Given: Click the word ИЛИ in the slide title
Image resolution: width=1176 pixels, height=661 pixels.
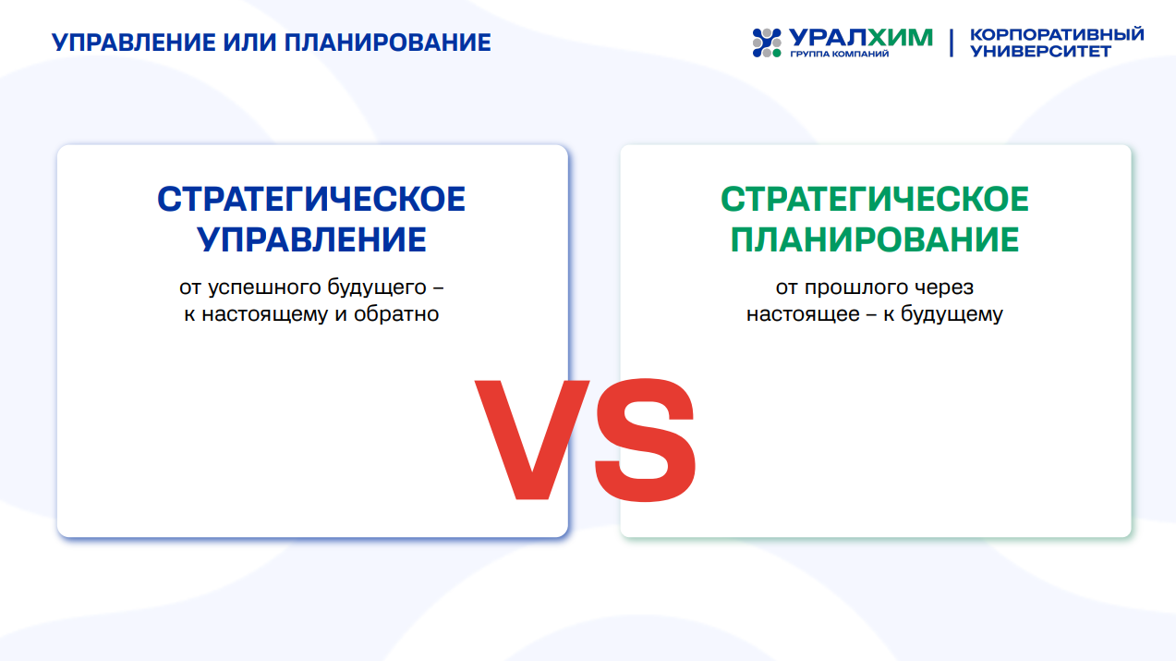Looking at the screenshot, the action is [x=249, y=43].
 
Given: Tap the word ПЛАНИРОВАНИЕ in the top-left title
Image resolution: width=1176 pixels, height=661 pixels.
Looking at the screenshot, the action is [x=387, y=43].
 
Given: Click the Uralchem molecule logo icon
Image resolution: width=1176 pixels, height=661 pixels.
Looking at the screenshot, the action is [x=767, y=43].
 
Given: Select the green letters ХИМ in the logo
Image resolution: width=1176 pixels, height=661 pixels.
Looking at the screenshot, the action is [x=900, y=38].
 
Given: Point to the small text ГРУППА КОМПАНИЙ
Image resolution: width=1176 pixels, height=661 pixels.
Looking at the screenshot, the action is [x=840, y=54].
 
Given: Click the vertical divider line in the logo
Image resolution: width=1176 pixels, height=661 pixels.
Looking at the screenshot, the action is [x=952, y=43].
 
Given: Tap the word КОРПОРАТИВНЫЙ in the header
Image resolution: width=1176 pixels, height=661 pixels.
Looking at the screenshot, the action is [x=1057, y=34].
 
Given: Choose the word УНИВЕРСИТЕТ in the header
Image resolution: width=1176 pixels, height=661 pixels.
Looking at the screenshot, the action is [x=1040, y=51].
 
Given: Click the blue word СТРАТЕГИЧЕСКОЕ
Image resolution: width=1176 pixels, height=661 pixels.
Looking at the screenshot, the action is [x=311, y=199].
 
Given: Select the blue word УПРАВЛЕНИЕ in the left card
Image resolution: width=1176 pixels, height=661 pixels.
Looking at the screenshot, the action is [x=311, y=240].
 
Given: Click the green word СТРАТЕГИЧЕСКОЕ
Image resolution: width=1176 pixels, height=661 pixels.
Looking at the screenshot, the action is [x=875, y=199].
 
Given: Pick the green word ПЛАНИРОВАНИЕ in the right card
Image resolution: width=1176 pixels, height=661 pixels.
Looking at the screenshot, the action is [x=875, y=240].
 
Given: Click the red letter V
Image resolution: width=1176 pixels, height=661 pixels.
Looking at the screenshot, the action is [x=531, y=440].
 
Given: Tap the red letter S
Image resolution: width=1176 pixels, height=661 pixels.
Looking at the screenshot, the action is [x=645, y=440].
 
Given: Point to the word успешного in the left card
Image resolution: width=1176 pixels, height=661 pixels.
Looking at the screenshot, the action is [x=264, y=288].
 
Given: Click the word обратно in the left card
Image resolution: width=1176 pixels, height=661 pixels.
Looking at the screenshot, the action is [x=396, y=314].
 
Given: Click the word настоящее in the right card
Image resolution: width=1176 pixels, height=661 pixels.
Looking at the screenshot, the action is [x=804, y=314].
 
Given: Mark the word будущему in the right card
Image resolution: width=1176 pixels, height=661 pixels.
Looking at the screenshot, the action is [x=952, y=314].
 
